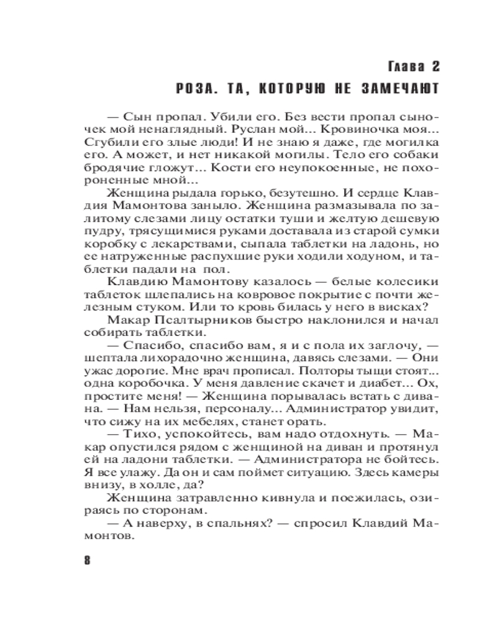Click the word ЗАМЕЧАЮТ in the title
point(402,89)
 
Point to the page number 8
point(87,560)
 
